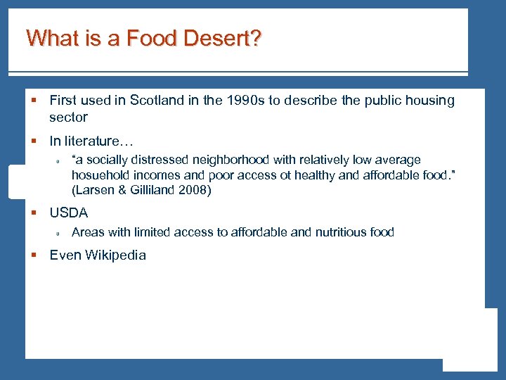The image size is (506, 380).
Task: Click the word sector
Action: (x=68, y=118)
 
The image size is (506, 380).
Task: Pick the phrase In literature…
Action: (x=91, y=141)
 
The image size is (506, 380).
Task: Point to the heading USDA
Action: (x=68, y=213)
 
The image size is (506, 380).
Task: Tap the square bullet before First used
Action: (x=34, y=101)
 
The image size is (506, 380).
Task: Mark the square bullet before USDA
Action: (x=34, y=213)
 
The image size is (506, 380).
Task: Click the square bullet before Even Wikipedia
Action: (x=34, y=256)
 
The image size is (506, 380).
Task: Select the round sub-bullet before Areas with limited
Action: (x=60, y=233)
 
